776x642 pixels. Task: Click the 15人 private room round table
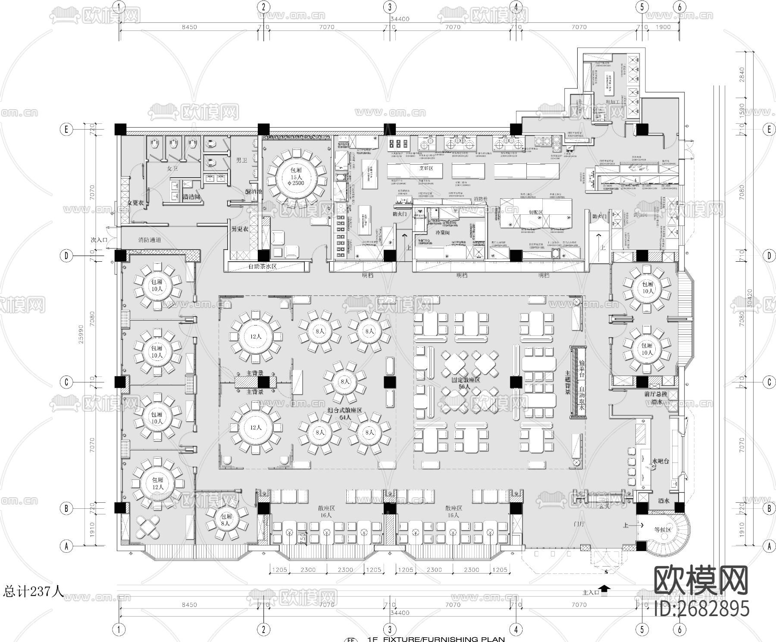coord(297,177)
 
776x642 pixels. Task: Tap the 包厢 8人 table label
coord(226,519)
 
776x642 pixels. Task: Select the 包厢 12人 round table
coord(158,483)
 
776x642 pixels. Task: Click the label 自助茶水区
coord(262,266)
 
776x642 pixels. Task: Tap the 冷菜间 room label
coord(442,232)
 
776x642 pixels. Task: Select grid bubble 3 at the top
coord(390,7)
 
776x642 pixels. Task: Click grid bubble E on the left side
coord(66,129)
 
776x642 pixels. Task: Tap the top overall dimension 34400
coord(399,19)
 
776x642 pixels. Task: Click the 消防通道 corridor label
coord(150,239)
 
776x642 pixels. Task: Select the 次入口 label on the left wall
coord(99,239)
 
